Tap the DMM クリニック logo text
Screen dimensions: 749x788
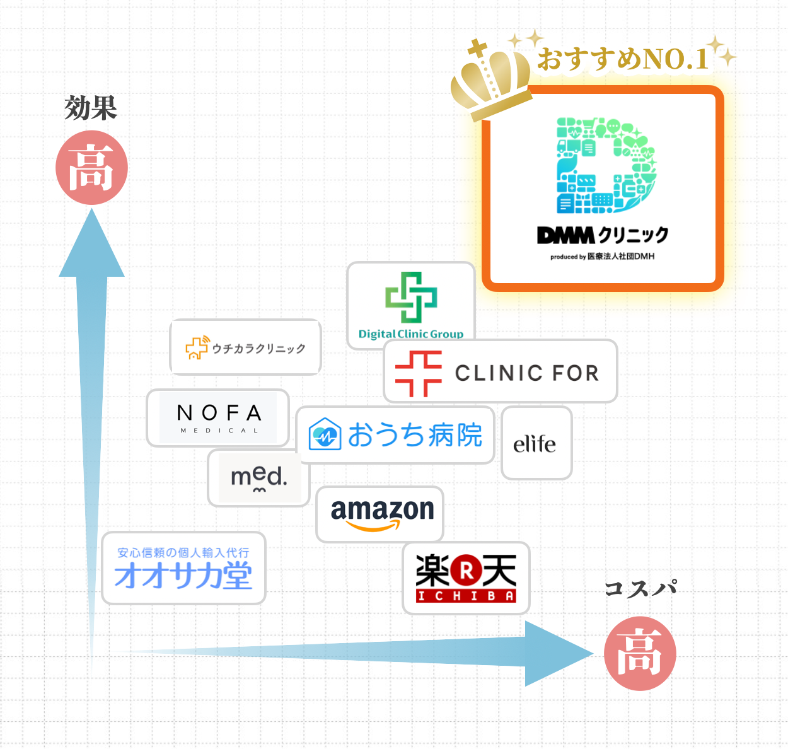click(602, 235)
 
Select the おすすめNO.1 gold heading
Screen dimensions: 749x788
click(623, 59)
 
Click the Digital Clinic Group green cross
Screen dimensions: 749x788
click(411, 297)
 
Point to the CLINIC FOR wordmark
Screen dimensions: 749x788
click(526, 373)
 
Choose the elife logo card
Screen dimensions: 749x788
click(535, 444)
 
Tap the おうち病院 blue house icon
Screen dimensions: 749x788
click(325, 434)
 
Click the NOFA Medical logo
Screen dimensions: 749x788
click(218, 418)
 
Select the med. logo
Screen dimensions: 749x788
click(259, 477)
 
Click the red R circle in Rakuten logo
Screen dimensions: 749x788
click(466, 571)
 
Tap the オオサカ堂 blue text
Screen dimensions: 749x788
click(183, 576)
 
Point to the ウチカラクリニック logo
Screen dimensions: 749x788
click(246, 347)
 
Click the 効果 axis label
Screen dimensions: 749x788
click(91, 108)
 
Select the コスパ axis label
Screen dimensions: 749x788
click(640, 588)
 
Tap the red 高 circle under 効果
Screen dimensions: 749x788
click(92, 168)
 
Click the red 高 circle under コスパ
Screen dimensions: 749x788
click(640, 654)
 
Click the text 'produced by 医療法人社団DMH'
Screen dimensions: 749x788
click(602, 257)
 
